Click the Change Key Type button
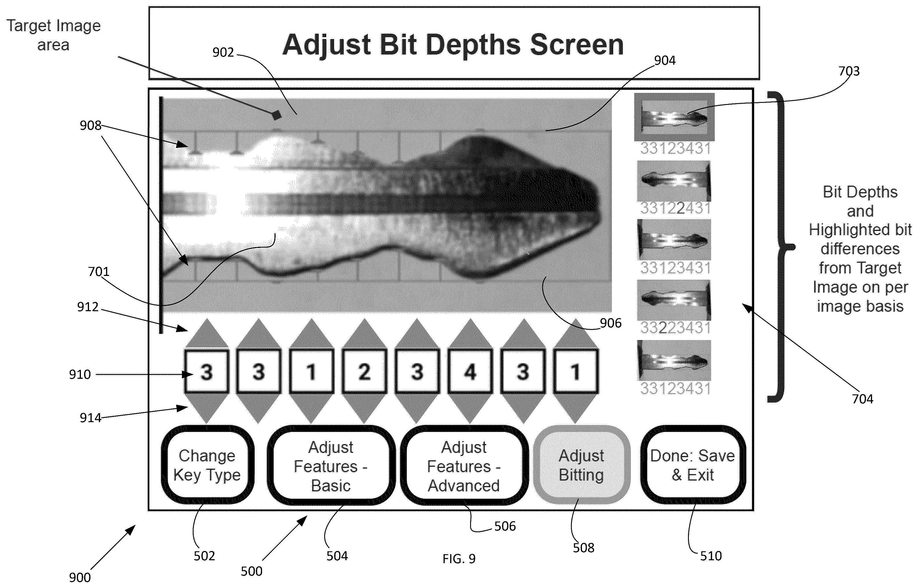[x=207, y=465]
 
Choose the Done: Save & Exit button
[x=693, y=465]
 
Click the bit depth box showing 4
[x=470, y=372]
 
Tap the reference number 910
[x=80, y=374]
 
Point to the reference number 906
[x=611, y=323]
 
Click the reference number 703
[x=849, y=71]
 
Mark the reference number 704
[x=863, y=399]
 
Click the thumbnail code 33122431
[x=675, y=208]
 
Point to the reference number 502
[x=204, y=556]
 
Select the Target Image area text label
[x=53, y=35]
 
